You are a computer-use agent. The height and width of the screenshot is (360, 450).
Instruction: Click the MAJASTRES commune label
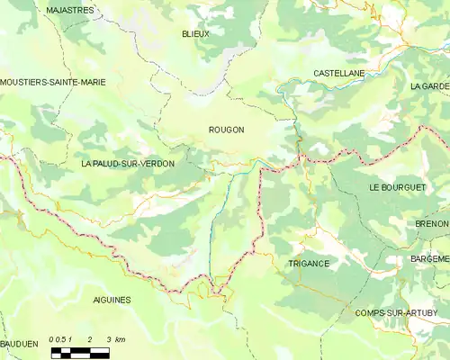point(69,10)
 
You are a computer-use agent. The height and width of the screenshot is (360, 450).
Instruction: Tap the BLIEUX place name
point(195,34)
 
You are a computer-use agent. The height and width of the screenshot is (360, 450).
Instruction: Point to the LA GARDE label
point(428,86)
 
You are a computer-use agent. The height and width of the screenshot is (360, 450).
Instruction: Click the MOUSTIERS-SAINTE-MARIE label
point(53,82)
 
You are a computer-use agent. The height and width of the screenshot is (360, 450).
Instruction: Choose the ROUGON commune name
point(226,130)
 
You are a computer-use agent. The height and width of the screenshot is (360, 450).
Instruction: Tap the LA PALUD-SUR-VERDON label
point(127,164)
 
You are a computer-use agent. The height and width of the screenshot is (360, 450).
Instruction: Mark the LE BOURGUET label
point(395,186)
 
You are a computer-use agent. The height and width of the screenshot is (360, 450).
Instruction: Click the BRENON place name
point(432,223)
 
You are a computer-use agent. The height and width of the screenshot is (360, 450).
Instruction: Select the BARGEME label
point(429,258)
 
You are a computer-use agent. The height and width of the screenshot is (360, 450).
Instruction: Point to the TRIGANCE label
point(309,264)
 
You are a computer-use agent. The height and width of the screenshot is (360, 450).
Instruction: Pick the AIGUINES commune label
point(112,299)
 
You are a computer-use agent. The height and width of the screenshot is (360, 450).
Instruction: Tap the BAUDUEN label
point(19,344)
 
